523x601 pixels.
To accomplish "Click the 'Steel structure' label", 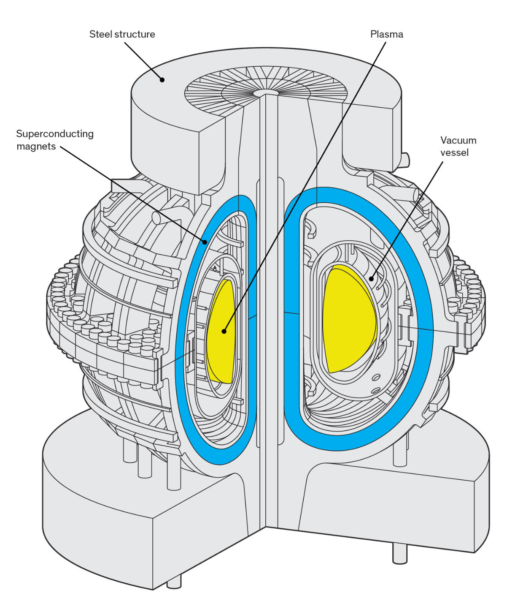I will click(x=122, y=34).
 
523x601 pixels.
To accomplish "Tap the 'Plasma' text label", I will click(x=386, y=34).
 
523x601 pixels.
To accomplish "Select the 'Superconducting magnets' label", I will click(x=54, y=140).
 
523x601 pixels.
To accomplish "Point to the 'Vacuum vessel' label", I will click(x=458, y=146).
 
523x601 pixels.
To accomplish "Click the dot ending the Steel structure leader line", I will click(x=162, y=79).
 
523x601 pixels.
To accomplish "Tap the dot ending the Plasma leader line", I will click(x=224, y=331).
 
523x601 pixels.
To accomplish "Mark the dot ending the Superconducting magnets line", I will click(x=205, y=242).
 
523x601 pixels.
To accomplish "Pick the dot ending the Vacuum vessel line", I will click(x=371, y=278).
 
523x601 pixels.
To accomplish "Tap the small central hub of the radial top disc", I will click(x=266, y=92).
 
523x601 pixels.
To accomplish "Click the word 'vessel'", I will click(x=454, y=152).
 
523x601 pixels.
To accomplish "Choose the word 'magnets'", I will click(x=36, y=147).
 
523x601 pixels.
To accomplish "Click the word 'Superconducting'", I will click(x=54, y=134).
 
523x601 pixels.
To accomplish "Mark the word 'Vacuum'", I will click(x=458, y=140).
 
